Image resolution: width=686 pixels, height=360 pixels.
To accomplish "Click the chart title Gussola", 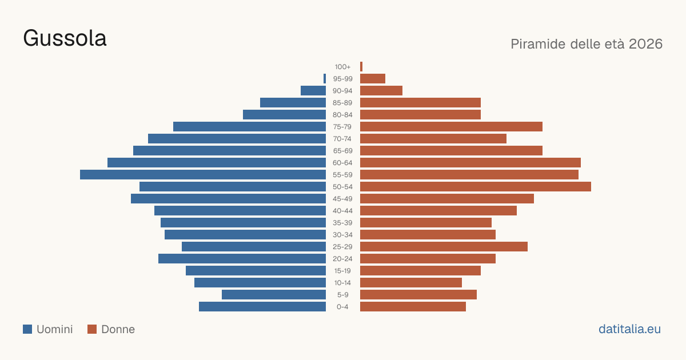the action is tap(65, 38).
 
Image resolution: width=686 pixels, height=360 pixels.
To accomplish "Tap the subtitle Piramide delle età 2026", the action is tap(587, 44).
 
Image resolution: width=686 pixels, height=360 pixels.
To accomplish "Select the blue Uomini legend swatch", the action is tap(27, 329).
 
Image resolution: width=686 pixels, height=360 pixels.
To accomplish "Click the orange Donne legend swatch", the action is tap(92, 329).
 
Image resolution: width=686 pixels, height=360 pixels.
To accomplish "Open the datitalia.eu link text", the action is tap(629, 329).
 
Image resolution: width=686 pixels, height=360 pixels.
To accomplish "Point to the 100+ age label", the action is tap(342, 67).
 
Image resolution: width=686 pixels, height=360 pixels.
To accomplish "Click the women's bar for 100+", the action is tap(361, 67).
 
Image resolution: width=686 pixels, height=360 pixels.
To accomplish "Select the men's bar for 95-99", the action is tap(325, 79).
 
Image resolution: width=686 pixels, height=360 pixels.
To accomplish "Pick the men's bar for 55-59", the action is tap(203, 174).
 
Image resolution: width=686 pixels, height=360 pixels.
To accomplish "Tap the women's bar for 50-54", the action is tap(476, 187).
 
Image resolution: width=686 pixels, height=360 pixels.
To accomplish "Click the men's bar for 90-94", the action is tap(313, 91).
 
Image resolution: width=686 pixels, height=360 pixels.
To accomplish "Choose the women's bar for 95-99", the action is tap(373, 79).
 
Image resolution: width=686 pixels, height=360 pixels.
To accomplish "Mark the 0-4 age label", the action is tap(342, 307).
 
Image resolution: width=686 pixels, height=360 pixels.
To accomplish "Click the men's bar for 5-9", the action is tap(274, 295).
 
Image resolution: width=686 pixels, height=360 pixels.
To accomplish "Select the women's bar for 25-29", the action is tap(444, 247).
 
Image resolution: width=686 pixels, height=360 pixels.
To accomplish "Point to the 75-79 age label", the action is tap(342, 127).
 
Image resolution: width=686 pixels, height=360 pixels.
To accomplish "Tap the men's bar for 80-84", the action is tap(285, 115).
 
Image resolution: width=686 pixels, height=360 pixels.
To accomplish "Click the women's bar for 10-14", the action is tap(411, 282).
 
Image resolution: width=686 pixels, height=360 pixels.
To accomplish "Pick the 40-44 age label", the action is tap(342, 211).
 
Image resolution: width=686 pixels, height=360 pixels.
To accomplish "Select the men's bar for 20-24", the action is tap(242, 259).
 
